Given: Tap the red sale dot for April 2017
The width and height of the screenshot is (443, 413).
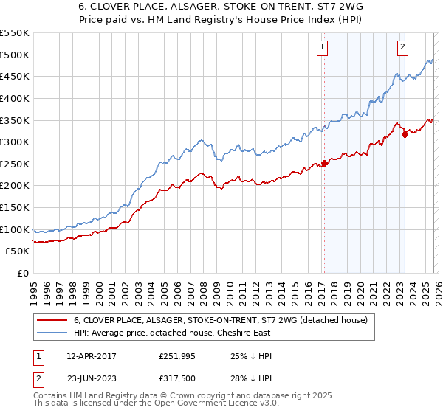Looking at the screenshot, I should click(325, 164).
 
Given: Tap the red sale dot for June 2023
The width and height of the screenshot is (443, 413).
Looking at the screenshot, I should click(405, 134).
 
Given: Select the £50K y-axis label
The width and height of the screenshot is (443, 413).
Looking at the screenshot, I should click(18, 251).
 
